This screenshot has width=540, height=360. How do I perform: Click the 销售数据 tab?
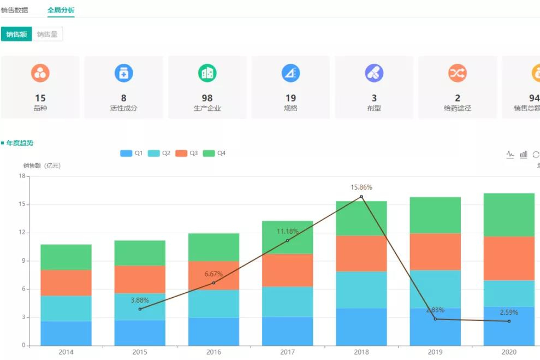[15, 10]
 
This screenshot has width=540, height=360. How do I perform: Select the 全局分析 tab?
[61, 10]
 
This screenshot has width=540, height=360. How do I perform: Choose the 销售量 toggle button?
[48, 34]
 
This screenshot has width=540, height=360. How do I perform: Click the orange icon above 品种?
[40, 73]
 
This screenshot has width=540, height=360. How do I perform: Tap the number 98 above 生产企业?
[207, 98]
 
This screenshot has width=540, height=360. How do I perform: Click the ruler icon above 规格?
[290, 73]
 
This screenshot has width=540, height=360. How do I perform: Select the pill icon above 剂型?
[374, 73]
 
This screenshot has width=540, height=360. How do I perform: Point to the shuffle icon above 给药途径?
[458, 73]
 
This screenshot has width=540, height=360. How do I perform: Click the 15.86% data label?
[361, 187]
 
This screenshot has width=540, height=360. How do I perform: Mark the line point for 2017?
[288, 240]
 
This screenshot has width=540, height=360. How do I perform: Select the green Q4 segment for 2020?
[509, 214]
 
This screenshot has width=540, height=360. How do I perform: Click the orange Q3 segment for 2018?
[361, 253]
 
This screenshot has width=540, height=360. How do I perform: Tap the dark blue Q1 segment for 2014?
[66, 333]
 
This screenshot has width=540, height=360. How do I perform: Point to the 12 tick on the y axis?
[22, 233]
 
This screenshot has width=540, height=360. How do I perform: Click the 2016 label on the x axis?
[213, 352]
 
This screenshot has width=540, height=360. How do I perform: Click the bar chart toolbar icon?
[524, 155]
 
